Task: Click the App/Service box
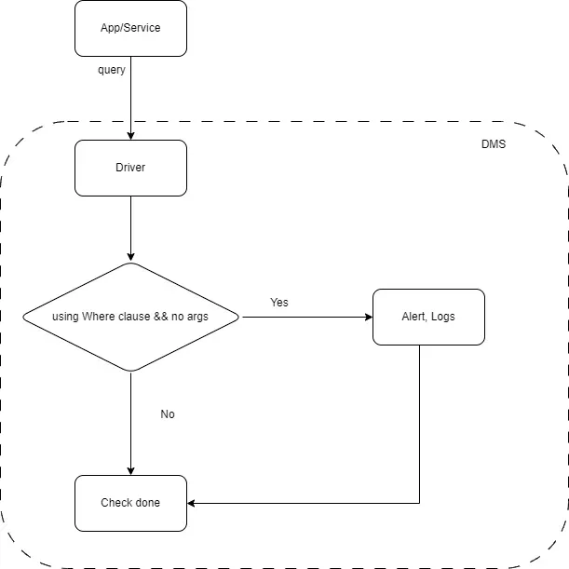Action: coord(130,28)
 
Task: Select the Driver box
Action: coord(130,168)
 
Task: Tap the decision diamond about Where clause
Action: coord(130,317)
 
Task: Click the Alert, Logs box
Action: coord(428,317)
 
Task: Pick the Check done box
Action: coord(130,503)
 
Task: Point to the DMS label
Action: coord(494,144)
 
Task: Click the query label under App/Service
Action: coord(112,70)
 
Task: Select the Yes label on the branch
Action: coord(279,303)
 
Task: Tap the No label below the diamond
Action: coord(168,414)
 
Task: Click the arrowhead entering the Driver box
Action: coord(130,135)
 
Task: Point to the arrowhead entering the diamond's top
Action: coord(130,257)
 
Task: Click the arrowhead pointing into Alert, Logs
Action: coord(367,317)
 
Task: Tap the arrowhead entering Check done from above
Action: coord(130,470)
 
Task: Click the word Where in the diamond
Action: coord(98,317)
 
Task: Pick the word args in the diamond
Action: coord(196,317)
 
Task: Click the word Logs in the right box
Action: coord(442,317)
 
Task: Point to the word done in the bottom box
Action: coord(145,503)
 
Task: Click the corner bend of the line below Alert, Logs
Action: coord(419,503)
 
